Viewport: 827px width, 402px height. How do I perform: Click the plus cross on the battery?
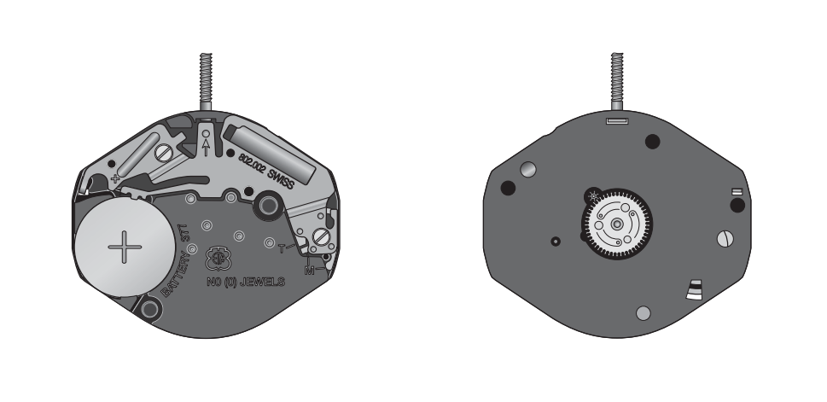coord(125,247)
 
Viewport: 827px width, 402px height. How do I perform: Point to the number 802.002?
coord(251,162)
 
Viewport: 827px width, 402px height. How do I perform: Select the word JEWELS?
coord(262,283)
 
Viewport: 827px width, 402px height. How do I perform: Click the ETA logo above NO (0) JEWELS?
coord(217,259)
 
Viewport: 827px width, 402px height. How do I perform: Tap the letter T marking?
coord(282,248)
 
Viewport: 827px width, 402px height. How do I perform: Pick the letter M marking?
coord(310,271)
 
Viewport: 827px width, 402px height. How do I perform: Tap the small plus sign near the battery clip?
coord(115,178)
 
